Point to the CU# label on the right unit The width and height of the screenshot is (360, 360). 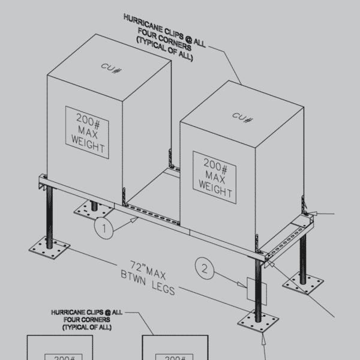[x=241, y=115]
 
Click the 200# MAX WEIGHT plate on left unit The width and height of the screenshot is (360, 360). [x=91, y=132]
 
